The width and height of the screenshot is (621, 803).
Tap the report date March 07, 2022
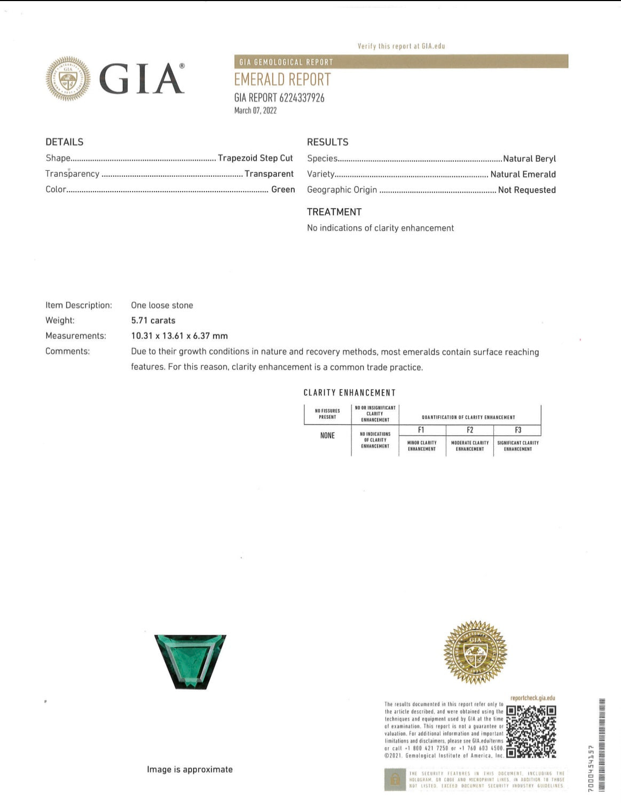255,111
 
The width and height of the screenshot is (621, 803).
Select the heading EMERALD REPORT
282,80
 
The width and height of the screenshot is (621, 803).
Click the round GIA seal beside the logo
68,79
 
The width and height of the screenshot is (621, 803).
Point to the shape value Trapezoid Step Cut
255,158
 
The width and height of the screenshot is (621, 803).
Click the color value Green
283,190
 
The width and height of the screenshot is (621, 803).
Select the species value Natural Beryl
529,159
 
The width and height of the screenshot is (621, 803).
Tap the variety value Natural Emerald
523,174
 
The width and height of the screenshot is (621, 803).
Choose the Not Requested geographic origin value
526,190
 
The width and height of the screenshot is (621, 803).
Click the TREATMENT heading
334,212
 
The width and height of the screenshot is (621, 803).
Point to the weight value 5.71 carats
153,320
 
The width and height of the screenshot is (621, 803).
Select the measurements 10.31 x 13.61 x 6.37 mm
179,336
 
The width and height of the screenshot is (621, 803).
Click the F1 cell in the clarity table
421,430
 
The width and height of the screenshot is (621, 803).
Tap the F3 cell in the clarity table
517,430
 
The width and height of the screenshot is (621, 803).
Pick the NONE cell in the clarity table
327,436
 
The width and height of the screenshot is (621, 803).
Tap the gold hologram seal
475,652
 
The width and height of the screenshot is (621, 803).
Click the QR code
531,731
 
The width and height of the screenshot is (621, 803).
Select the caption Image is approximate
190,769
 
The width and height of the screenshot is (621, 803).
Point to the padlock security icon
395,779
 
